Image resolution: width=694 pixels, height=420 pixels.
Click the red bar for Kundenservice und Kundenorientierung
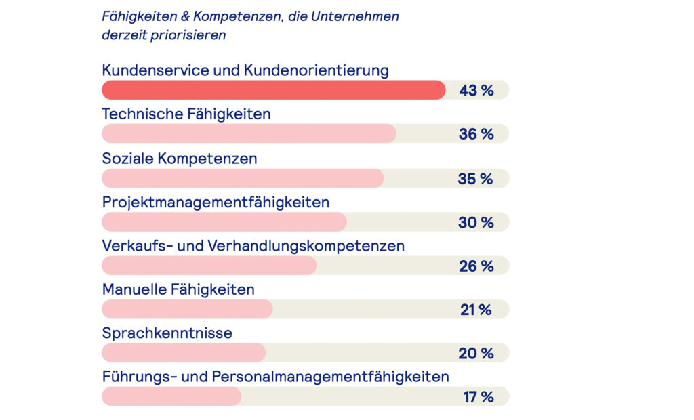click(x=273, y=90)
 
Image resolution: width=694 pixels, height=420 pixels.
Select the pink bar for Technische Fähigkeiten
click(x=249, y=134)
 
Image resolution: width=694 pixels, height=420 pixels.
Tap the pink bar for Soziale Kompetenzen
click(x=243, y=178)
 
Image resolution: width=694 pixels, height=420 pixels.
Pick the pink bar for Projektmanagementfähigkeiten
click(x=224, y=222)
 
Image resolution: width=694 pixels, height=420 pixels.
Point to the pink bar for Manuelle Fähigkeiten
click(x=187, y=310)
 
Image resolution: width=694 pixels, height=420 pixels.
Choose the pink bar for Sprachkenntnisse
click(x=184, y=353)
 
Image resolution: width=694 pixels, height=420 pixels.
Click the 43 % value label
click(x=476, y=90)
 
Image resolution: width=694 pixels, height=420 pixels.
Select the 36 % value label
click(x=476, y=134)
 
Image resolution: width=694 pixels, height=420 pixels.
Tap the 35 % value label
click(x=476, y=178)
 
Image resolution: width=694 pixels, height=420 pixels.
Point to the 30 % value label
click(x=476, y=222)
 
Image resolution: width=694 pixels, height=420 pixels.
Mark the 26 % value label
click(x=476, y=266)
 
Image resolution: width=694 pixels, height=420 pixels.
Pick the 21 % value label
click(x=476, y=310)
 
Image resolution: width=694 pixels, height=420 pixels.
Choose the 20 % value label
click(x=476, y=353)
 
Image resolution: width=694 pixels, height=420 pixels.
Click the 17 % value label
click(x=478, y=397)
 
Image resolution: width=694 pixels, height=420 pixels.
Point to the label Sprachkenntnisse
click(x=167, y=333)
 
